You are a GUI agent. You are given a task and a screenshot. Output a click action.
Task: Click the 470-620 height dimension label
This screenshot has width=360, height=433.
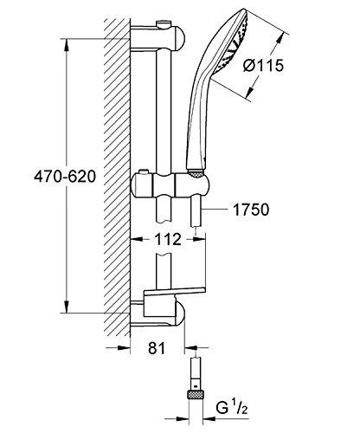tap(65, 177)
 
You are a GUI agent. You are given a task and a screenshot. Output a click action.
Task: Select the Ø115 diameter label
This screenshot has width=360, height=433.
tap(263, 66)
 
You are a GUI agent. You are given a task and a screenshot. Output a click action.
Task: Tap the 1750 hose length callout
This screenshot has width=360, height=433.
tap(251, 210)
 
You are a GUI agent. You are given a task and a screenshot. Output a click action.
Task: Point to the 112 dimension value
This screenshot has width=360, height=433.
tap(168, 239)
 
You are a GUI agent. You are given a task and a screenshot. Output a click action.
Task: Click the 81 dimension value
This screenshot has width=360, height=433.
tap(157, 348)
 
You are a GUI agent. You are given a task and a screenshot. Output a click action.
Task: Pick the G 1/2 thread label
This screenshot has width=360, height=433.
tap(232, 407)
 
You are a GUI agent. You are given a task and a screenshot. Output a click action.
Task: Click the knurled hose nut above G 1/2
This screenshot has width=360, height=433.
tap(196, 394)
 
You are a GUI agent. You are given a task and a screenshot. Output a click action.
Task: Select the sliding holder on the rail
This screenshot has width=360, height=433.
tap(170, 186)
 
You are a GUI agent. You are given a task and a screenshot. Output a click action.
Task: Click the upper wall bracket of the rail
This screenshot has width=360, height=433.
tap(157, 38)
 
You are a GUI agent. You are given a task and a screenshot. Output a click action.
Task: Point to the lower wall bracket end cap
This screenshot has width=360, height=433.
tap(179, 313)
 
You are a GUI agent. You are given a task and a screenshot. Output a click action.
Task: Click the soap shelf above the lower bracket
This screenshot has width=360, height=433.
tap(174, 292)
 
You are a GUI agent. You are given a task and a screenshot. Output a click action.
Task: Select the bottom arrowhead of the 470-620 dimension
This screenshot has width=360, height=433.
tap(67, 307)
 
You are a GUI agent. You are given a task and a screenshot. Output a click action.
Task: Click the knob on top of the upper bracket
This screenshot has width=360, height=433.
tap(163, 23)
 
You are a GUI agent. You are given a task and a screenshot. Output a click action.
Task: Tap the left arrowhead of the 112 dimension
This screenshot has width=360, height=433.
tap(137, 239)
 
